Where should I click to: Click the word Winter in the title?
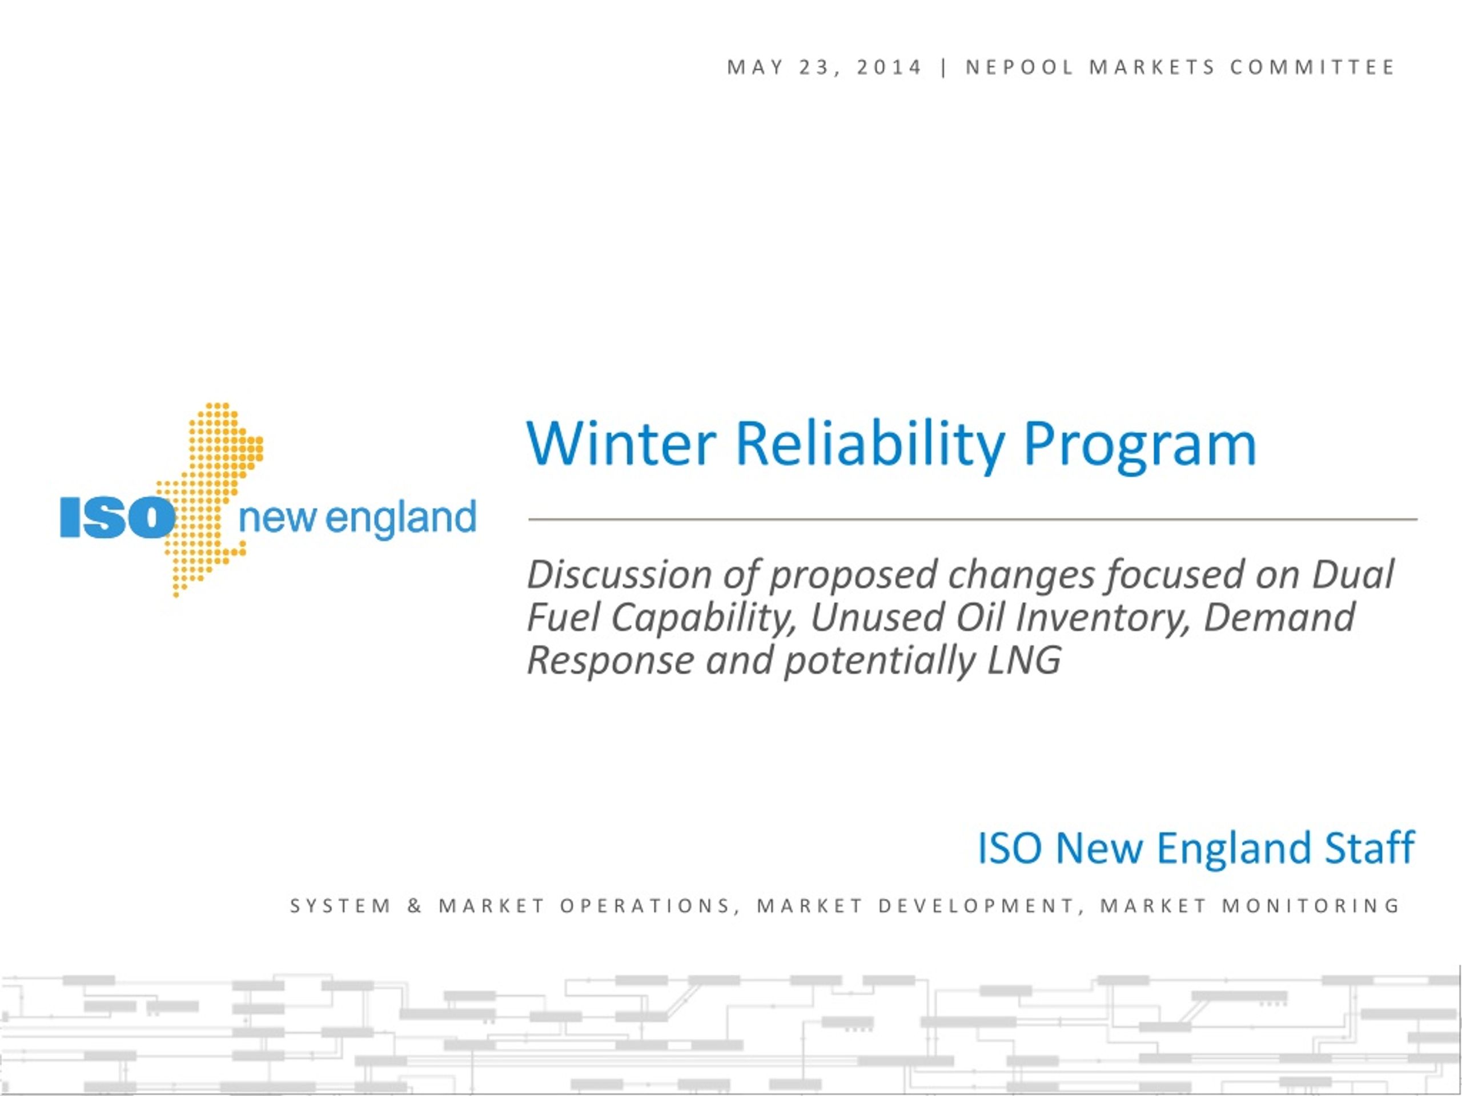click(621, 444)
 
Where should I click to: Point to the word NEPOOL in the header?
click(1019, 67)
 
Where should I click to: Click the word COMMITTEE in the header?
click(1312, 67)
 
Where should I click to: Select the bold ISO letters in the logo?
click(117, 517)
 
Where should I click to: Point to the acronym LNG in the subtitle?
click(1024, 660)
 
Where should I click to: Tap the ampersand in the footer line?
click(415, 905)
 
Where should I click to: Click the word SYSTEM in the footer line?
click(340, 905)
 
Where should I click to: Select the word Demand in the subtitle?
click(1279, 617)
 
